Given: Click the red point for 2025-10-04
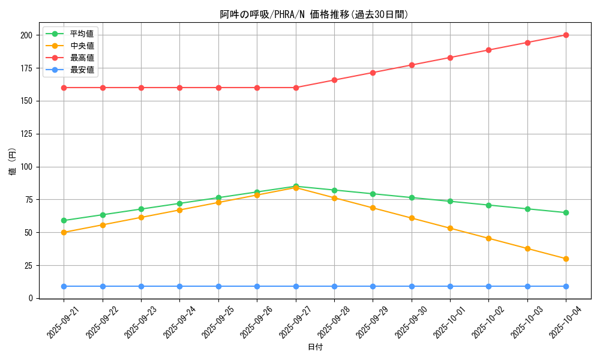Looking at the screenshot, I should (566, 35).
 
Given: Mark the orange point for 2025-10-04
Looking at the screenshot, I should (566, 259).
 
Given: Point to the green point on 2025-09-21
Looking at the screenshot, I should (64, 220).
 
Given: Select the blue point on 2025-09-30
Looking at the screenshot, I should (412, 286).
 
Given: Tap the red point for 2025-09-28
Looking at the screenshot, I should (334, 80).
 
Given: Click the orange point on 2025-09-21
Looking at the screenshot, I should (64, 232).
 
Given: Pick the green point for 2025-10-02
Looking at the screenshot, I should (488, 205).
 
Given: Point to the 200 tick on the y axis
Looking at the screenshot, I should (26, 35).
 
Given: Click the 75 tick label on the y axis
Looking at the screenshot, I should (28, 200).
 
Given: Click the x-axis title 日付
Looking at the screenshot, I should (315, 347).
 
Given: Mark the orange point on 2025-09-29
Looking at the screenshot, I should (373, 208).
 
